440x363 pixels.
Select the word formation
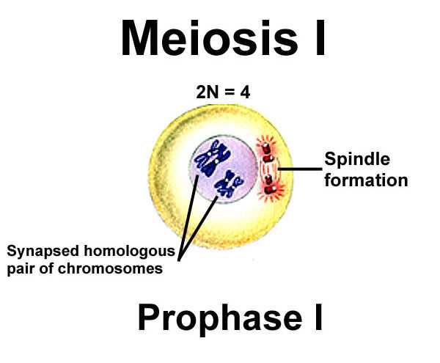tap(365, 179)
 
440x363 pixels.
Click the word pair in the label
tap(20, 269)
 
